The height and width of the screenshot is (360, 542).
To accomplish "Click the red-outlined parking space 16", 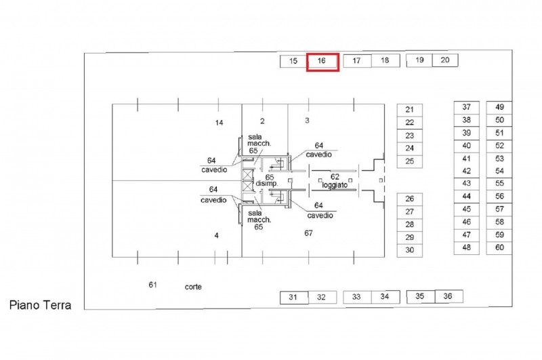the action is pyautogui.click(x=322, y=62).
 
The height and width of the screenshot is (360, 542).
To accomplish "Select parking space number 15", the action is pyautogui.click(x=293, y=61).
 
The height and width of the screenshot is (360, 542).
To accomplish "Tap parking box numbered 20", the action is pyautogui.click(x=445, y=60).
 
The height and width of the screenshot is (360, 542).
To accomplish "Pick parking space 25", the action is pyautogui.click(x=410, y=161).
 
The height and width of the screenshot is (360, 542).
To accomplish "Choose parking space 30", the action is pyautogui.click(x=410, y=250).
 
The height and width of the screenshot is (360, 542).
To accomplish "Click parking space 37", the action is pyautogui.click(x=467, y=108).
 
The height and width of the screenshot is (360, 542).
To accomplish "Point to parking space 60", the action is pyautogui.click(x=499, y=248).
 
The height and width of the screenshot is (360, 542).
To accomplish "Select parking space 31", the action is pyautogui.click(x=294, y=298).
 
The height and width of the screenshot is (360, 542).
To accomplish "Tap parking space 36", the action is pyautogui.click(x=449, y=296).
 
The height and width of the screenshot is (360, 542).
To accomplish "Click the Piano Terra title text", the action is pyautogui.click(x=40, y=305).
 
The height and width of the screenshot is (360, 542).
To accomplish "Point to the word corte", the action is pyautogui.click(x=193, y=287).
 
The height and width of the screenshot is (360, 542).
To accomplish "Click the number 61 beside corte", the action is pyautogui.click(x=153, y=285).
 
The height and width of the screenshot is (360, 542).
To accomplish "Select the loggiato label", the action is pyautogui.click(x=335, y=185).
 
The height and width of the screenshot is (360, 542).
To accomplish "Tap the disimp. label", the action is pyautogui.click(x=266, y=184).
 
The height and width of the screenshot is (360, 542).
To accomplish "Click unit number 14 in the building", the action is pyautogui.click(x=219, y=123).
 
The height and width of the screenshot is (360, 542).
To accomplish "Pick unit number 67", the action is pyautogui.click(x=308, y=233).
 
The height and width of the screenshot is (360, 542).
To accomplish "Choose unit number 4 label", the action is pyautogui.click(x=216, y=236).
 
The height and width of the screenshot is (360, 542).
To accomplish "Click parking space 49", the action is pyautogui.click(x=499, y=108).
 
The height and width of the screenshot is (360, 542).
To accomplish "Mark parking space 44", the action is pyautogui.click(x=467, y=197).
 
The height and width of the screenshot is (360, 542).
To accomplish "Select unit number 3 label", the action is pyautogui.click(x=307, y=121).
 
